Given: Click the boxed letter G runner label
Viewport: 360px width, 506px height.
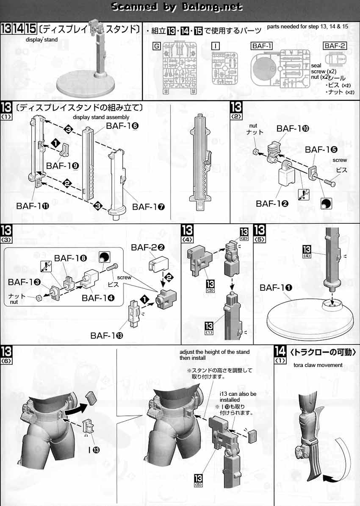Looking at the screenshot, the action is (x=156, y=46).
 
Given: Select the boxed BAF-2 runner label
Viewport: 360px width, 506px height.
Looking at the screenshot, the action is (x=335, y=46).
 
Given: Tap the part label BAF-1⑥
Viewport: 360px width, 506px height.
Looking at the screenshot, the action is (x=122, y=126).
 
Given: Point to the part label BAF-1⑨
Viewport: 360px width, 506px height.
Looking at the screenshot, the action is (x=63, y=166).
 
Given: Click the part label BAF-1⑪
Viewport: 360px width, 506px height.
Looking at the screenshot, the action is (x=33, y=206).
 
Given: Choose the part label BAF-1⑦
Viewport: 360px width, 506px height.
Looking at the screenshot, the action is (x=148, y=206).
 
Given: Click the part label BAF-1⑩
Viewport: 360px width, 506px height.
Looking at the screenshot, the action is (x=293, y=128).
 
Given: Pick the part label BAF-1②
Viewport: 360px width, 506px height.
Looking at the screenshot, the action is (x=272, y=203).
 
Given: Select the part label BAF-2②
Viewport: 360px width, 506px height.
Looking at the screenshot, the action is (x=148, y=247).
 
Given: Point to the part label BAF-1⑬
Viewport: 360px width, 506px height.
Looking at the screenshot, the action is (x=107, y=336).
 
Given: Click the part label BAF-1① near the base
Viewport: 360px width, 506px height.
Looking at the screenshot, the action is (x=276, y=287).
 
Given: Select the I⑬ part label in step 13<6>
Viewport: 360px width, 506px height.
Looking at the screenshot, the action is (x=94, y=450).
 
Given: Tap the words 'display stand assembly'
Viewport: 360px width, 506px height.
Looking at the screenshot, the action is (x=101, y=117).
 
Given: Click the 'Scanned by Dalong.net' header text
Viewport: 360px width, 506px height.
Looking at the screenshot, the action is (x=177, y=6).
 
